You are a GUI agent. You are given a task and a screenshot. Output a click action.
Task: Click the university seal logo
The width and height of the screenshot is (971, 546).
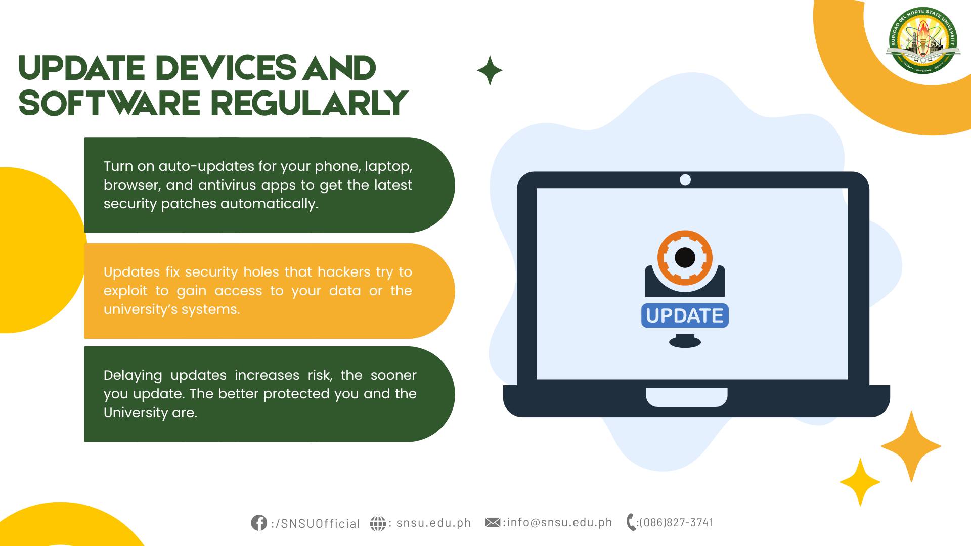[923, 41]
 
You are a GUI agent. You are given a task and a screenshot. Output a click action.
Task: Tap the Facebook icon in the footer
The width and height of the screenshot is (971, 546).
[259, 523]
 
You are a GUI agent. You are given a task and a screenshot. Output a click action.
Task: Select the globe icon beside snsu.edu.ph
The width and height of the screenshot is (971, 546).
[378, 523]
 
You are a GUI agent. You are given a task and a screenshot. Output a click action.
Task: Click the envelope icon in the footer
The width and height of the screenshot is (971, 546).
[493, 522]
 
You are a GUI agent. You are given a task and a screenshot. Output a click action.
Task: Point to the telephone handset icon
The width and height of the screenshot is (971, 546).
[631, 522]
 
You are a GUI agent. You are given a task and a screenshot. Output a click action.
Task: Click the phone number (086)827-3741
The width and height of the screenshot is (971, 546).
[676, 523]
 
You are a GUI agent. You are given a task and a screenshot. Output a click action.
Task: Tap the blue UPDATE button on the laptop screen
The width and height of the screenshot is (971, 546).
[685, 315]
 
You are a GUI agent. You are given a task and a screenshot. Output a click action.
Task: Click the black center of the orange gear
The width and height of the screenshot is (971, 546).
[685, 257]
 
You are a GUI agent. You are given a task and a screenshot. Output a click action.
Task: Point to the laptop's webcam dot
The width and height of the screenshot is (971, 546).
[685, 179]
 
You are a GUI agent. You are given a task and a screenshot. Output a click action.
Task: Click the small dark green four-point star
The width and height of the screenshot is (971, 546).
[490, 70]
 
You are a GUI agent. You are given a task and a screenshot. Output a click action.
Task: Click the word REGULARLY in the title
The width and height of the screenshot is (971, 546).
[309, 103]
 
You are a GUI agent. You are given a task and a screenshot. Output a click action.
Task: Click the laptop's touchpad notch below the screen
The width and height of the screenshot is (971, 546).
[687, 397]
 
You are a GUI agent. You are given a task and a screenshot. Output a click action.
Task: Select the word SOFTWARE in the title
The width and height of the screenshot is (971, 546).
[110, 103]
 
